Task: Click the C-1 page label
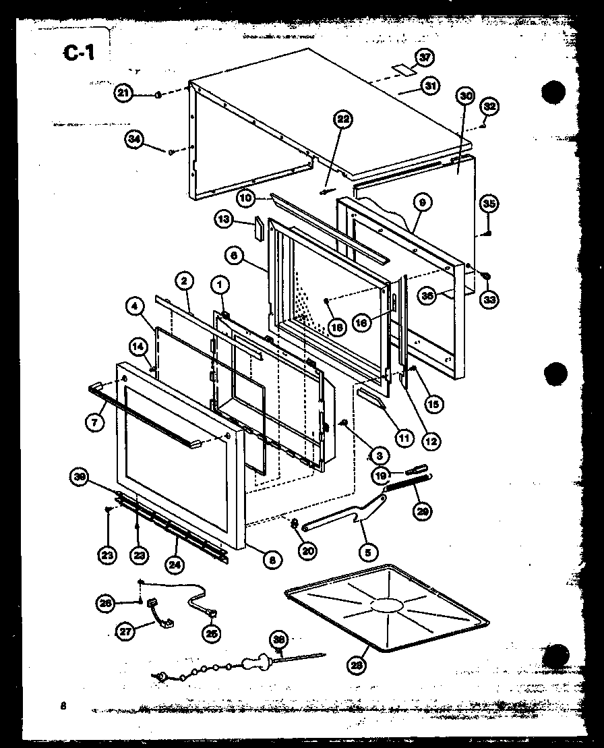tap(80, 53)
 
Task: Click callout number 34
tap(134, 140)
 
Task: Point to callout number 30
tap(464, 96)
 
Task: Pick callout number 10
tap(245, 198)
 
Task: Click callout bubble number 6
tap(233, 257)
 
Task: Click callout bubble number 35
tap(489, 203)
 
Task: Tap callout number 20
tap(307, 551)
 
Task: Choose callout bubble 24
tap(174, 556)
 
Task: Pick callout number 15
tap(432, 404)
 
